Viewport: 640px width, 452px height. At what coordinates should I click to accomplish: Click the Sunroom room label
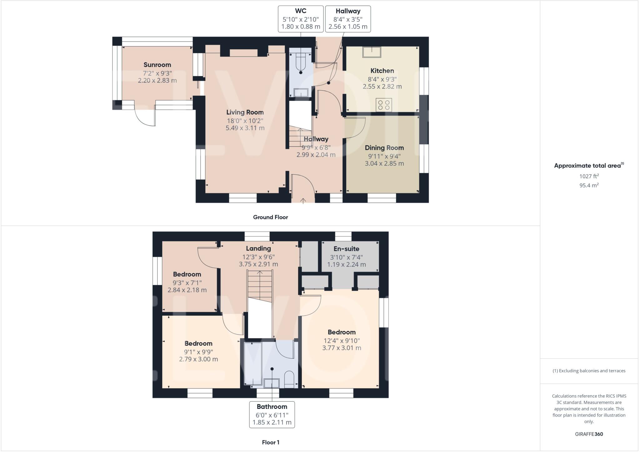point(157,65)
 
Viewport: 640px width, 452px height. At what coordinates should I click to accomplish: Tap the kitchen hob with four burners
point(384,105)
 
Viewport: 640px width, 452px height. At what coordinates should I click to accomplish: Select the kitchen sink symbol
point(372,52)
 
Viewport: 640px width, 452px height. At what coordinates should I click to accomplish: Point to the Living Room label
point(245,112)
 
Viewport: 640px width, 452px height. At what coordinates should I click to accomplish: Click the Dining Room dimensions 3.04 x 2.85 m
point(384,163)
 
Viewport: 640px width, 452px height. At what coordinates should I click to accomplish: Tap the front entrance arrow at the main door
point(303,200)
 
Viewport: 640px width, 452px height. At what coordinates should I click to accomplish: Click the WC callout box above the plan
point(301,19)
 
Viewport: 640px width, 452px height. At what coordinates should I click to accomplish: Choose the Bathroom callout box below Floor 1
point(272,415)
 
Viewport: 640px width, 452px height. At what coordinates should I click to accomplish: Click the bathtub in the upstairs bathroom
point(253,364)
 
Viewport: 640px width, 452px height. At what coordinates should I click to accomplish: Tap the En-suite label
point(346,249)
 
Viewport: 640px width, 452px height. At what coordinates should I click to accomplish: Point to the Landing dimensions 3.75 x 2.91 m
point(258,264)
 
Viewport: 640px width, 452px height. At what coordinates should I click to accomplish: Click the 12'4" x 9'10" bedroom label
point(342,332)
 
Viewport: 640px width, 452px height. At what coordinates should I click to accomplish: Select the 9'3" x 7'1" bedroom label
point(187,275)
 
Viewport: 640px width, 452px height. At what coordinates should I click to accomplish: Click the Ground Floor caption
point(270,217)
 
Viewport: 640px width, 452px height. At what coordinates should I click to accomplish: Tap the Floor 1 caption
point(271,442)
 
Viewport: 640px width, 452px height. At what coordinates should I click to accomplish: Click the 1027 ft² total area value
point(589,176)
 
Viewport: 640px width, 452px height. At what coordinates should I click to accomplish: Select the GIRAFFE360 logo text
point(589,434)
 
